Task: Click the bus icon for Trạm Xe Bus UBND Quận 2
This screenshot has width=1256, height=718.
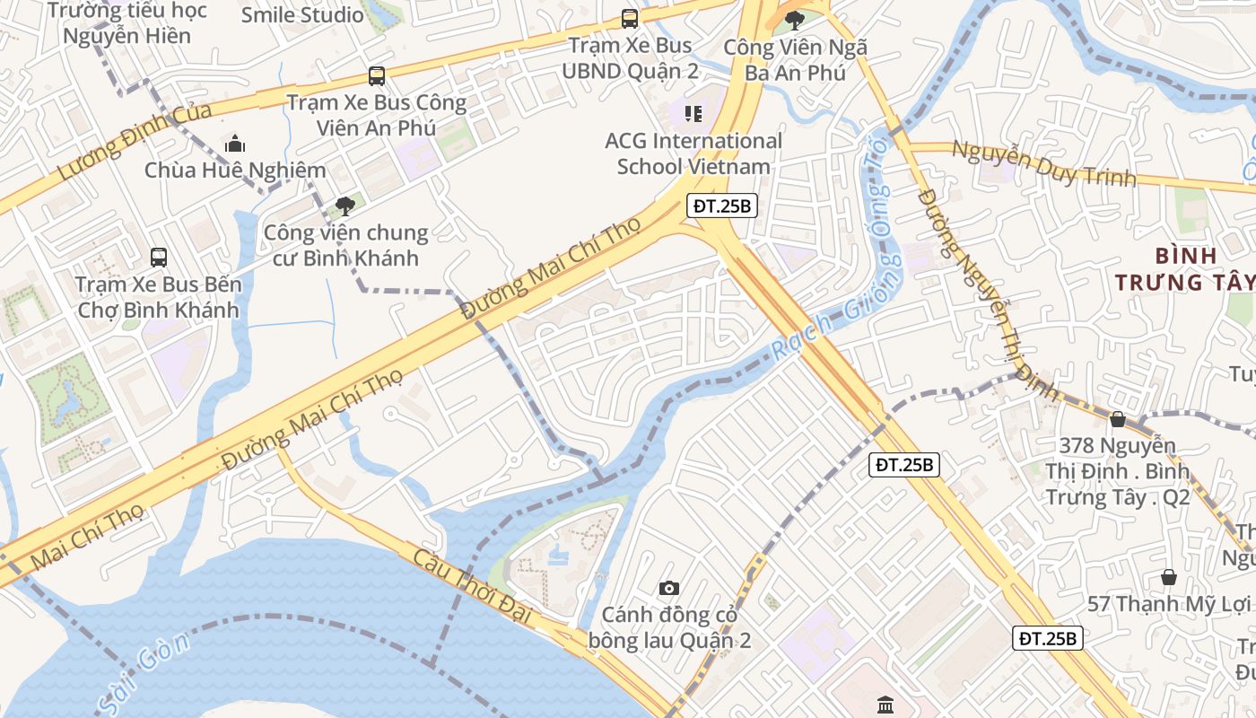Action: point(630,18)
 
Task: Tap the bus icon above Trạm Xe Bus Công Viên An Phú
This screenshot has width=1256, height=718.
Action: point(377,76)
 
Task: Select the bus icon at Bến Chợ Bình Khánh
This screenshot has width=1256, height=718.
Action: point(159,258)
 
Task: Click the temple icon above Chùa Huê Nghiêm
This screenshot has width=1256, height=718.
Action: point(235,143)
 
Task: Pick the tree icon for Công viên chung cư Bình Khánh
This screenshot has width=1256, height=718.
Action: point(345,206)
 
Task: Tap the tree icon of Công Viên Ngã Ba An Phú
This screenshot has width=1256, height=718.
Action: point(794,20)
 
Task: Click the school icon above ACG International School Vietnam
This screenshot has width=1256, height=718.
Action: point(693,113)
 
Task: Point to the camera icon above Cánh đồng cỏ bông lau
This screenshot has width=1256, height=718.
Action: point(668,589)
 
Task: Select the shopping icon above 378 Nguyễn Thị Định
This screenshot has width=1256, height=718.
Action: point(1118,419)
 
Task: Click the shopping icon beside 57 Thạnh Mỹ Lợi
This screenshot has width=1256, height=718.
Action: point(1168,577)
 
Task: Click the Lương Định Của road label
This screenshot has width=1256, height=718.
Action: point(135,141)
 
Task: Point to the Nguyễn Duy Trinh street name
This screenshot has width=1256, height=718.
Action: point(1043,164)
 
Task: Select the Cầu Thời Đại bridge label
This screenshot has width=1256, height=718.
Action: point(472,585)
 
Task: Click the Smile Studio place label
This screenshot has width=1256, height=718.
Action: point(302,15)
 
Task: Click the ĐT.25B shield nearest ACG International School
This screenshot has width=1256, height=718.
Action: point(722,206)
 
